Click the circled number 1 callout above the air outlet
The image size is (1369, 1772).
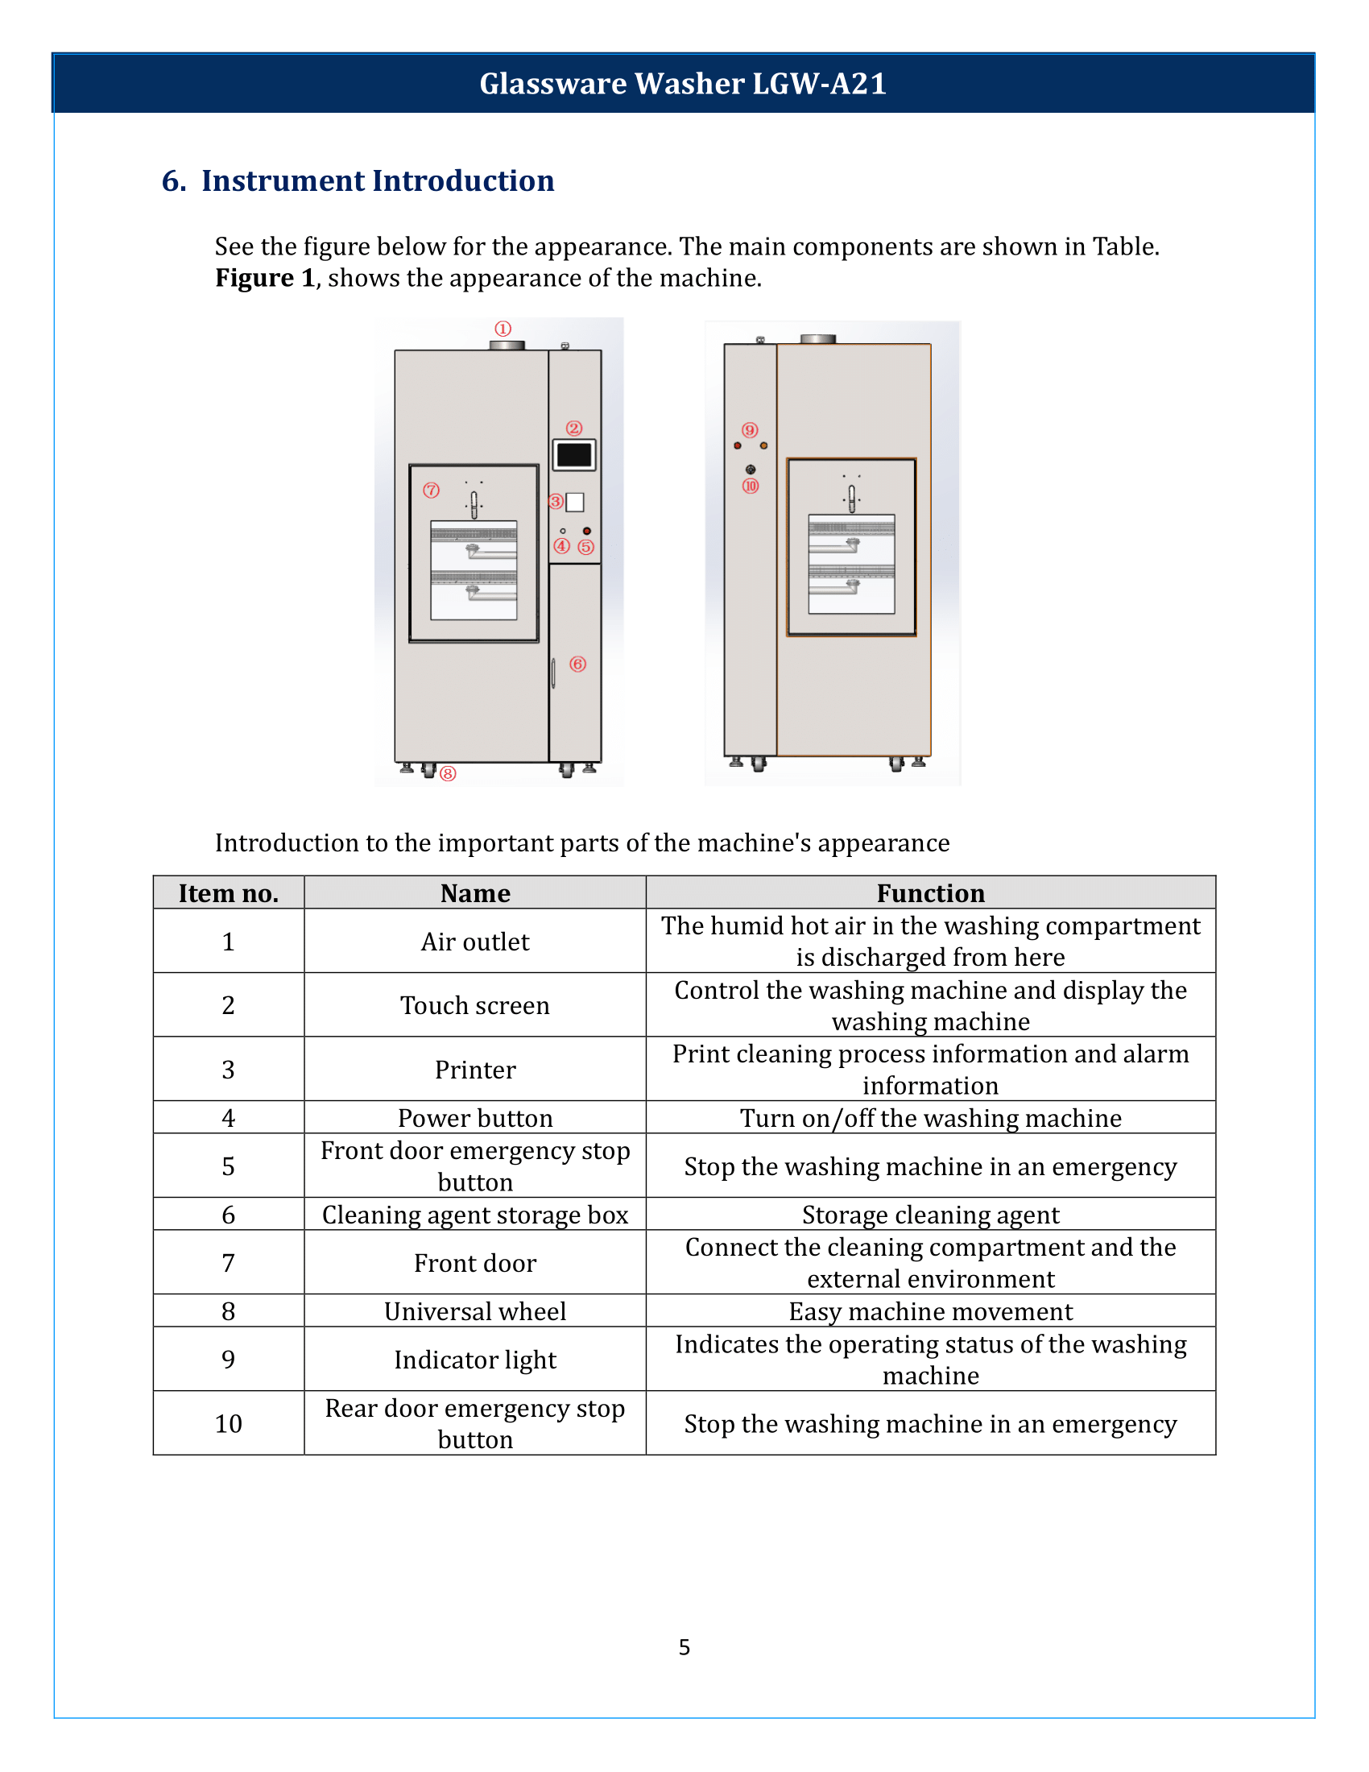click(503, 329)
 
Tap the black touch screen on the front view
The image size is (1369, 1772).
click(574, 455)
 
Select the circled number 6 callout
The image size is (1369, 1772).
click(577, 664)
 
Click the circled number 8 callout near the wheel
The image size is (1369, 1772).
click(448, 773)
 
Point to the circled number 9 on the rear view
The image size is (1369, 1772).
click(750, 430)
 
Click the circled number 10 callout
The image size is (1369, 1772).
click(751, 486)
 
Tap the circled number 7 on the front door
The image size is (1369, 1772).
click(431, 490)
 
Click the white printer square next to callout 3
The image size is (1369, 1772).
click(575, 503)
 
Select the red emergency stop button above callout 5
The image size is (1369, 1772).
click(586, 531)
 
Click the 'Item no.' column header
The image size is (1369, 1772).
click(228, 893)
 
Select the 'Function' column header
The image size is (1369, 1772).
click(930, 893)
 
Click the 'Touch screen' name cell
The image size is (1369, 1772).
click(474, 1005)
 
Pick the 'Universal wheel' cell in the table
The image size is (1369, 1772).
click(474, 1311)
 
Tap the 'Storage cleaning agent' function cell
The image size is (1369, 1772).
click(930, 1215)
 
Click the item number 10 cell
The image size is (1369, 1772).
click(228, 1423)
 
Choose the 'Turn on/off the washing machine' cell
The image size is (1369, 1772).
click(930, 1118)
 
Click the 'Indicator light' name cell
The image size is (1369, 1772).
click(474, 1359)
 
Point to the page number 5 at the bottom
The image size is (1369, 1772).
click(684, 1647)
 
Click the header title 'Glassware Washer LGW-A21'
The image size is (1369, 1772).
click(683, 84)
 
